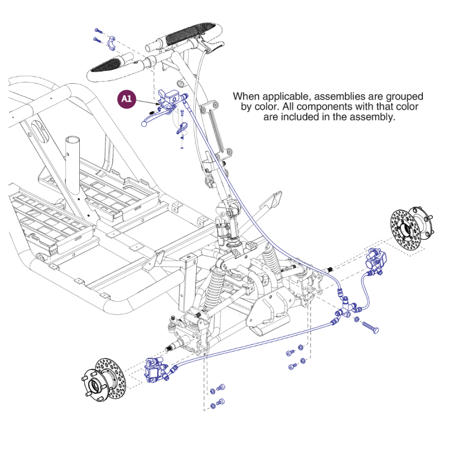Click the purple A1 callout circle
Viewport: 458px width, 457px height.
(127, 99)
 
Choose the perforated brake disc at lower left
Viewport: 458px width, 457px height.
(111, 379)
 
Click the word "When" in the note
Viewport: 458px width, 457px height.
(246, 96)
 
